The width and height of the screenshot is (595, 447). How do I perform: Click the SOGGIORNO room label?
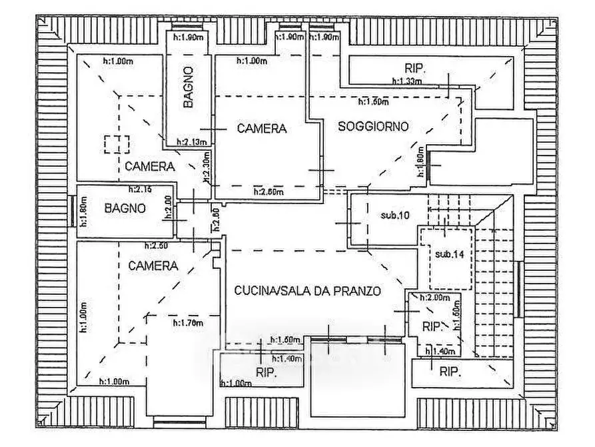coord(372,125)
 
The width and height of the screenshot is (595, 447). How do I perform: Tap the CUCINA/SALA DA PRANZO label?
coord(307,291)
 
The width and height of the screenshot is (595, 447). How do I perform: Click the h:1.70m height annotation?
coord(187,324)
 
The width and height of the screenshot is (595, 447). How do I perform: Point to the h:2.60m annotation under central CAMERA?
coord(269,192)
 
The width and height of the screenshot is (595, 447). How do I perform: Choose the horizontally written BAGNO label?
coord(125,208)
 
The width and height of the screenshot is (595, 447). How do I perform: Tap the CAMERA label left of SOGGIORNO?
coord(262,129)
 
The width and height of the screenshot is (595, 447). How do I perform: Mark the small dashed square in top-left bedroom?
coord(117,144)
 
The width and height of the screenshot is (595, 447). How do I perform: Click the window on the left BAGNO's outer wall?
coord(73,212)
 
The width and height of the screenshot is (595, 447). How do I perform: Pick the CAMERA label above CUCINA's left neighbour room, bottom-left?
coord(153,266)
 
